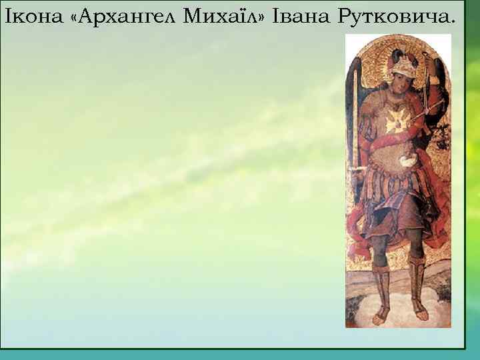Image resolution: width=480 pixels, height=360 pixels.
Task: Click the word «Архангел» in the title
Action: pyautogui.click(x=124, y=15)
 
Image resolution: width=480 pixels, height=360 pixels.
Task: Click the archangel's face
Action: pyautogui.click(x=399, y=85)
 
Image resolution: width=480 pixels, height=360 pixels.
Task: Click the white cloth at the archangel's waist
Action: pyautogui.click(x=407, y=161)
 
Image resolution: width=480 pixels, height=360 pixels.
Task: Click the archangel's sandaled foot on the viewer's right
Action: pyautogui.click(x=419, y=308)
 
